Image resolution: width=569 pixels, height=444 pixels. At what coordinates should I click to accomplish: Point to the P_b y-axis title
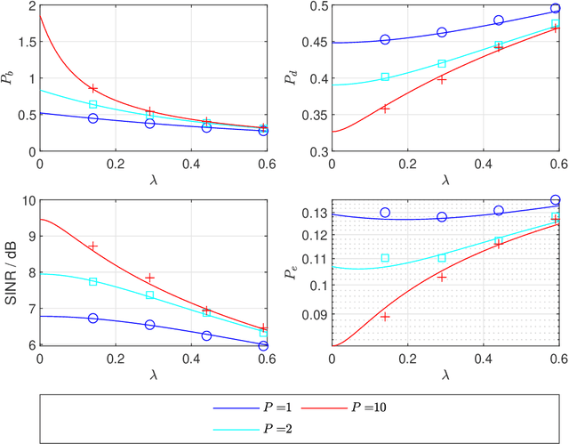coord(9,79)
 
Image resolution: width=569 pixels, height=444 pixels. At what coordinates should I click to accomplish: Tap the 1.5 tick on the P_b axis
coord(25,44)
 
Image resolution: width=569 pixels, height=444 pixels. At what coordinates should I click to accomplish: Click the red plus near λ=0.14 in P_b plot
coord(93,89)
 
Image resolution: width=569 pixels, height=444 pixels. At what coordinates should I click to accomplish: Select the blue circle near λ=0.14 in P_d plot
coord(385,40)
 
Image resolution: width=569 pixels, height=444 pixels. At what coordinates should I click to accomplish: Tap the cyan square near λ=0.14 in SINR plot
coord(93,281)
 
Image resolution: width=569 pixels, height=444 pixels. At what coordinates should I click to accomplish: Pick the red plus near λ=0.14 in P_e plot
coord(385,317)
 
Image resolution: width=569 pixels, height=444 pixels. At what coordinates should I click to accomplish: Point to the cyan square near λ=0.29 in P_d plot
coord(442,64)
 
